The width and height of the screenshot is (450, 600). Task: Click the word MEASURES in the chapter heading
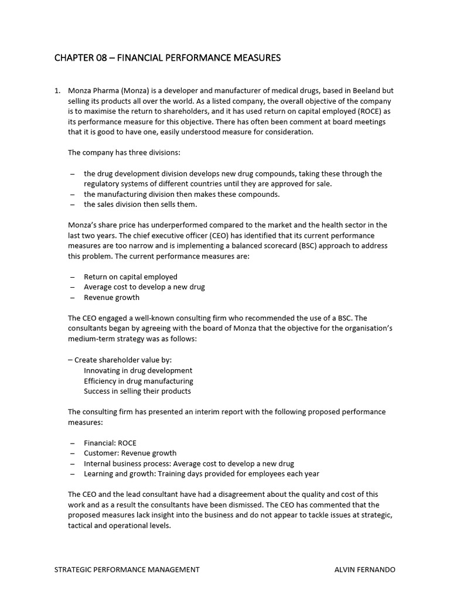click(256, 57)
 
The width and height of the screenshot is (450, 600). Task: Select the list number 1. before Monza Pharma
click(57, 91)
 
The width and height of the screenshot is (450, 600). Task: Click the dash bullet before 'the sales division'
click(72, 204)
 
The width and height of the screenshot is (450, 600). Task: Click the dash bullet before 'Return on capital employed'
click(72, 277)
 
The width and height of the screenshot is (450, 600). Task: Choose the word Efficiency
click(101, 381)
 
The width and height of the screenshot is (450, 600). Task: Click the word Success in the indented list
click(98, 391)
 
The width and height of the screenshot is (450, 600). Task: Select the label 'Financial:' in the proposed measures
click(100, 443)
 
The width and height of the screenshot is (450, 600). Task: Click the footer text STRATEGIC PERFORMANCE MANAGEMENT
click(127, 569)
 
